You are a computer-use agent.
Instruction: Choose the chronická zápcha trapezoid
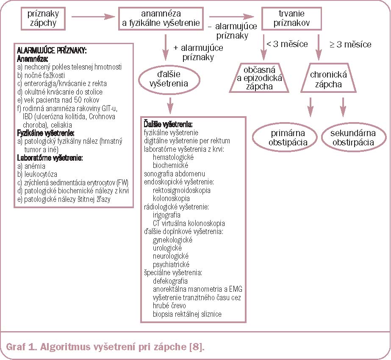[329, 78]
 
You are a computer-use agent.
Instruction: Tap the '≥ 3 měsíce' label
[350, 44]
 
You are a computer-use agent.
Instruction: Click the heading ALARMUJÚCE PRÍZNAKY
[51, 50]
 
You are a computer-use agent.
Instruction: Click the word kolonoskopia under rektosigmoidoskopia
[172, 198]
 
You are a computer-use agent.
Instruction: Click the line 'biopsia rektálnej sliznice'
[187, 314]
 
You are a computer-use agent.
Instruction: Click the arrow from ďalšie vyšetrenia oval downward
[169, 104]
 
